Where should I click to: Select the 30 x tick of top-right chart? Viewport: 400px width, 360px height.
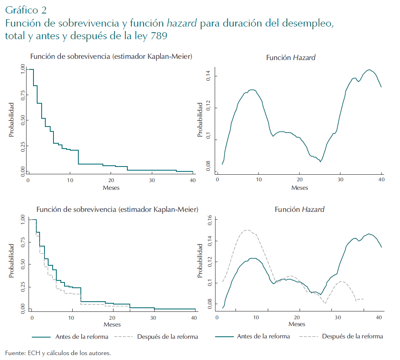click(340, 180)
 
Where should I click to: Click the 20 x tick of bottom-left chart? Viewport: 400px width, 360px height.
click(113, 318)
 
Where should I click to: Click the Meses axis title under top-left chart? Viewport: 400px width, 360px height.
click(111, 188)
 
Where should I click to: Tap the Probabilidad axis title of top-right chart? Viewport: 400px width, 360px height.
click(200, 120)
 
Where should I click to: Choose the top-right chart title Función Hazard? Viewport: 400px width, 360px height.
click(291, 58)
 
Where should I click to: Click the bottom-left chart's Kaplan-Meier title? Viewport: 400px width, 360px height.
click(118, 210)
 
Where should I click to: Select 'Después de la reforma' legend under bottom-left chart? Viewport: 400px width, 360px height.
click(167, 337)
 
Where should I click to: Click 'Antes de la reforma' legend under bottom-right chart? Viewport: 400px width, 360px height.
click(263, 337)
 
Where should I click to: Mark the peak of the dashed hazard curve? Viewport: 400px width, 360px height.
click(247, 230)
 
